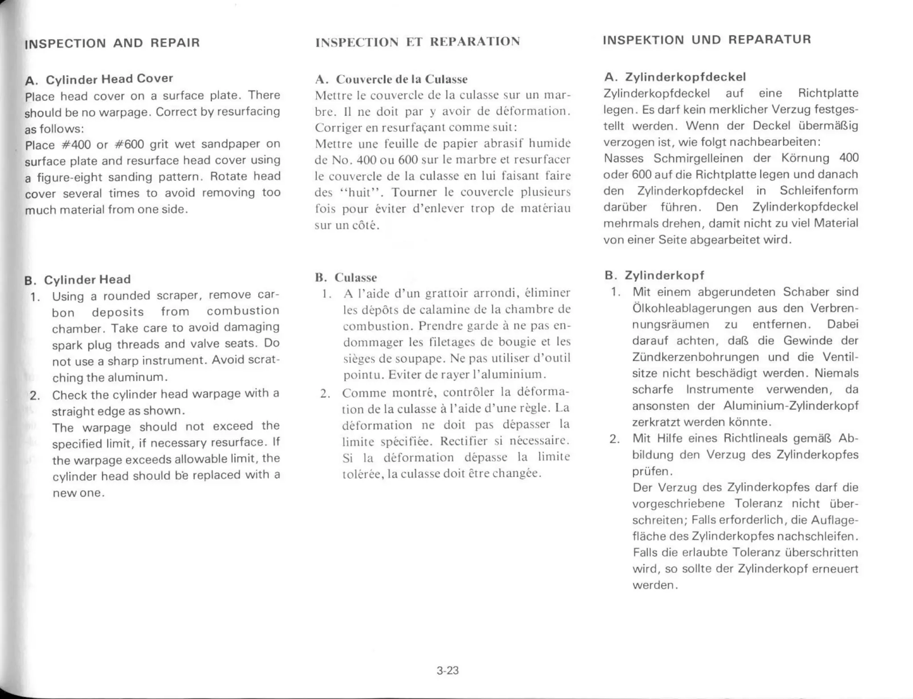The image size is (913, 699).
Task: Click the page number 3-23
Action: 448,670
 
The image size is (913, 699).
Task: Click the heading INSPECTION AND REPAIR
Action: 112,43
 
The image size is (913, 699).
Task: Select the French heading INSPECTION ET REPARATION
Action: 418,42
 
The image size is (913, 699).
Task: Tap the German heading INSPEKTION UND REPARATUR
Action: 707,40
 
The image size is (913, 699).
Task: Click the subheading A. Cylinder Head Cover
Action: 99,79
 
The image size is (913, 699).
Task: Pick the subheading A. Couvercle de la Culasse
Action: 391,79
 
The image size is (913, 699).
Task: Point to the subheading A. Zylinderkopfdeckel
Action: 675,77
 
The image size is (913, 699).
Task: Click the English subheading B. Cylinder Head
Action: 78,280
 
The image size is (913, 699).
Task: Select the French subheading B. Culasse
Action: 346,278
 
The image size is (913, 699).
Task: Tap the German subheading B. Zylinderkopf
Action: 654,275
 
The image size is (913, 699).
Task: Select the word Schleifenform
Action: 818,191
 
